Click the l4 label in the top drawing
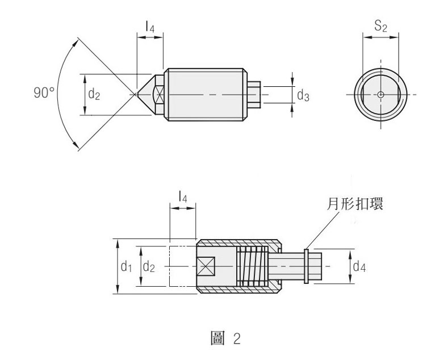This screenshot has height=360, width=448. coord(150,26)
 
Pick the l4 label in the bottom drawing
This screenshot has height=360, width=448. coord(183,198)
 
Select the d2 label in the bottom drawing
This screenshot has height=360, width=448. coord(149,266)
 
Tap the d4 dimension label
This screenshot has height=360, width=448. coord(359,266)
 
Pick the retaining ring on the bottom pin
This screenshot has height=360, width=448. coord(306,266)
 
